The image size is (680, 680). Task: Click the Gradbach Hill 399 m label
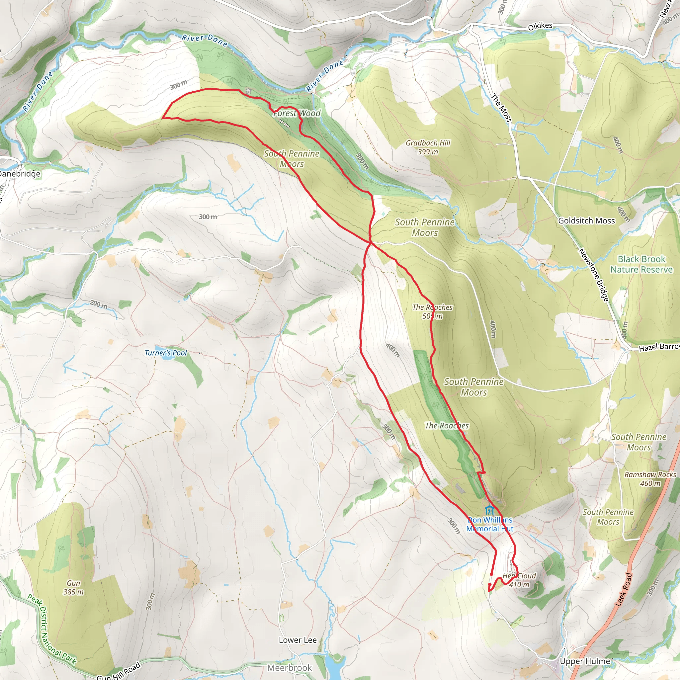tap(428, 147)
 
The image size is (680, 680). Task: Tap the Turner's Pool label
tap(165, 353)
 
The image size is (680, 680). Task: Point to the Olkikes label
tap(540, 26)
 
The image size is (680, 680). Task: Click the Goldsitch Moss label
tap(586, 221)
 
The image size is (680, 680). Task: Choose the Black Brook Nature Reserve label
tap(641, 264)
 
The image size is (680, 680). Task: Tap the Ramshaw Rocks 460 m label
tap(650, 479)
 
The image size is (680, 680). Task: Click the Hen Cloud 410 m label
tap(519, 580)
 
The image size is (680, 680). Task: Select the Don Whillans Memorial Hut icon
tap(489, 510)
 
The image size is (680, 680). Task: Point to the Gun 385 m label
tap(74, 587)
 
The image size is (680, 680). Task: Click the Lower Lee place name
tap(297, 640)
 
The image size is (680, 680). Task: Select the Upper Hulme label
tap(585, 661)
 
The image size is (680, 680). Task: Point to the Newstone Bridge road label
tap(594, 275)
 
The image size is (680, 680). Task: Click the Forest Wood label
tap(297, 113)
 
